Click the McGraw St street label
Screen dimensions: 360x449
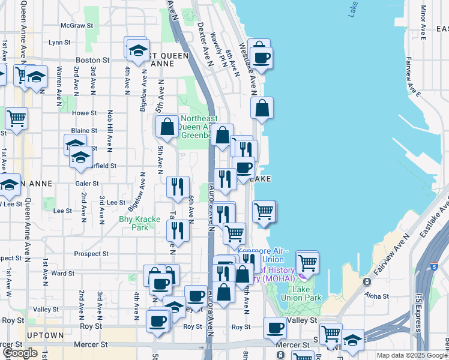(x=77, y=26)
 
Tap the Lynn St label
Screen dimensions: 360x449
(x=60, y=43)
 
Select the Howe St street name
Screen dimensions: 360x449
(x=85, y=113)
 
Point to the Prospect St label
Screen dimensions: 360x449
(x=92, y=254)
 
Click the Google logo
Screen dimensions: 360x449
(x=20, y=353)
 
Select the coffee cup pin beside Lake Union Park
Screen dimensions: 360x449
(x=276, y=328)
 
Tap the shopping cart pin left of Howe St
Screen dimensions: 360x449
(x=16, y=118)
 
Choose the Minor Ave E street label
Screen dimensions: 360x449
(x=424, y=22)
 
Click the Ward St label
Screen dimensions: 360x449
(x=63, y=273)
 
